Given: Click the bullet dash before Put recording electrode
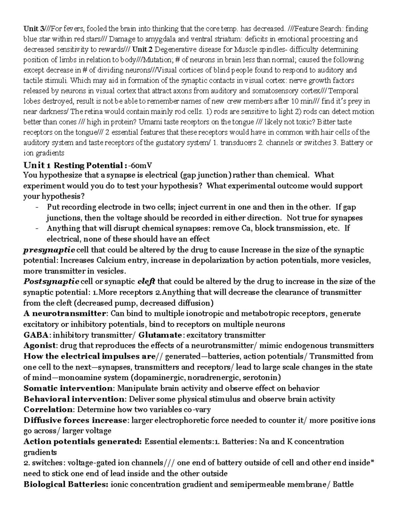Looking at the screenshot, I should click(37, 207).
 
